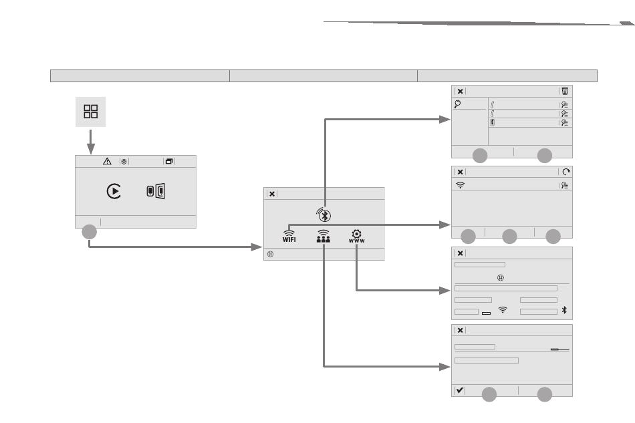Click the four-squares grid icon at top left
[90, 111]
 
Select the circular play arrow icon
[114, 191]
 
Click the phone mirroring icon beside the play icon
[155, 191]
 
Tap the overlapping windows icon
[168, 161]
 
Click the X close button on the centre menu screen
[272, 194]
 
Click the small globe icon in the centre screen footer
[271, 255]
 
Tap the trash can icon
[565, 91]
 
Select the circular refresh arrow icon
[565, 172]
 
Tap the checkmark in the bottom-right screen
[460, 391]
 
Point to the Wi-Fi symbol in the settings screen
[503, 311]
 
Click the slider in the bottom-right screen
[560, 349]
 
